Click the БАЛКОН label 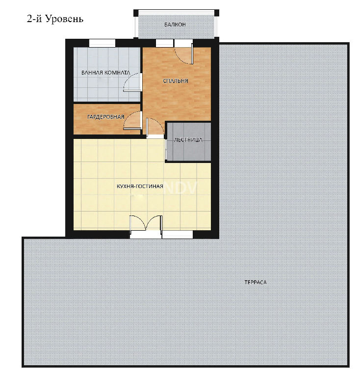[175, 25]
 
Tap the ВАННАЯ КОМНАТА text [106, 73]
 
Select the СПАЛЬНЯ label [175, 81]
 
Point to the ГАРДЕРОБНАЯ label [105, 117]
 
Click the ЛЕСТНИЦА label [188, 140]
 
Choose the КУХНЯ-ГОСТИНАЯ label [140, 187]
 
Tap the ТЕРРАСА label [256, 282]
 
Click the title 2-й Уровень [55, 19]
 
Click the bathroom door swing [132, 82]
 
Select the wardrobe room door [132, 120]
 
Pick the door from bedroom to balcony [184, 54]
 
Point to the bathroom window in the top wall [103, 43]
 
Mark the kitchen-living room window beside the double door [178, 235]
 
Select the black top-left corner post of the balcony [136, 13]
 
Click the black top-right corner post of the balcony [217, 13]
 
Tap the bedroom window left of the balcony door [164, 43]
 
